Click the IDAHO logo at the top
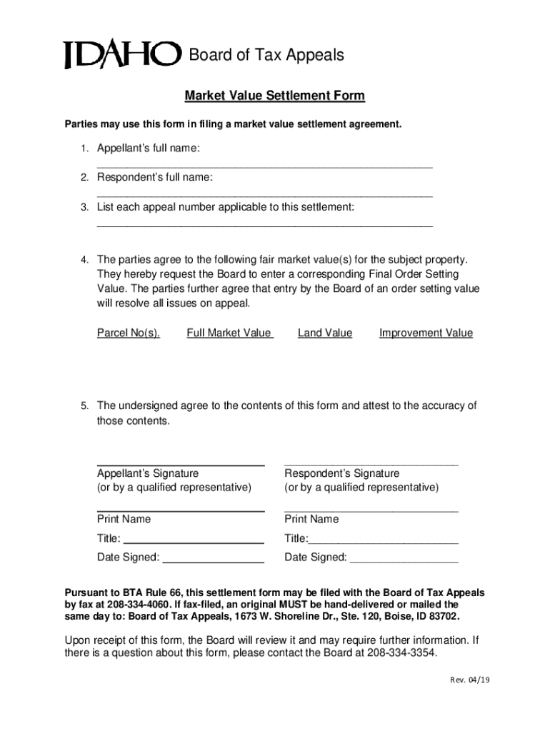(x=121, y=55)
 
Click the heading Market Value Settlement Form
(x=275, y=96)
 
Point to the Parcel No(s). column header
(x=129, y=333)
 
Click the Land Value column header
(x=325, y=333)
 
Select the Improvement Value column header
(x=426, y=333)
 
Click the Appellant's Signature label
(x=148, y=473)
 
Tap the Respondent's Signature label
(x=342, y=473)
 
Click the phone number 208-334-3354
(x=401, y=653)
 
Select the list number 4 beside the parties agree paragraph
(x=84, y=259)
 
